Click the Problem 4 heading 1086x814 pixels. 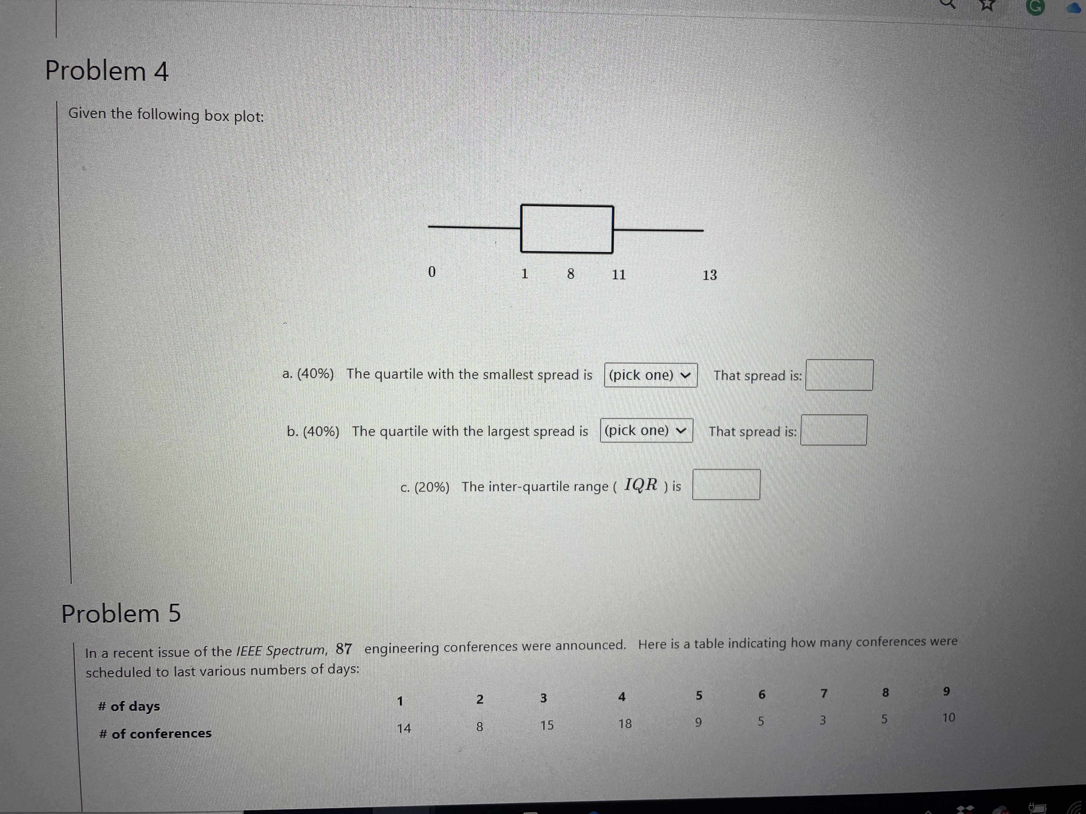tap(107, 71)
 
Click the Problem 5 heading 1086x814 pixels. tap(121, 614)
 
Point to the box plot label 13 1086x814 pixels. tap(709, 275)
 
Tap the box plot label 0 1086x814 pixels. tap(432, 272)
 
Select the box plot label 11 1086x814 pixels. tap(619, 275)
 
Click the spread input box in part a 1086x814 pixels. tap(839, 375)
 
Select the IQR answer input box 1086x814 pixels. tap(726, 485)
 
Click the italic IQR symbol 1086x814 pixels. tap(641, 485)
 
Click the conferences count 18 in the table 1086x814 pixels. tap(625, 724)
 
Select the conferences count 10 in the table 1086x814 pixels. tap(949, 718)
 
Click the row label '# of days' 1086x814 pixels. tap(129, 707)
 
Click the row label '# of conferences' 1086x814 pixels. tap(155, 734)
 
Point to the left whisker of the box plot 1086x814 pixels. tap(474, 227)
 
